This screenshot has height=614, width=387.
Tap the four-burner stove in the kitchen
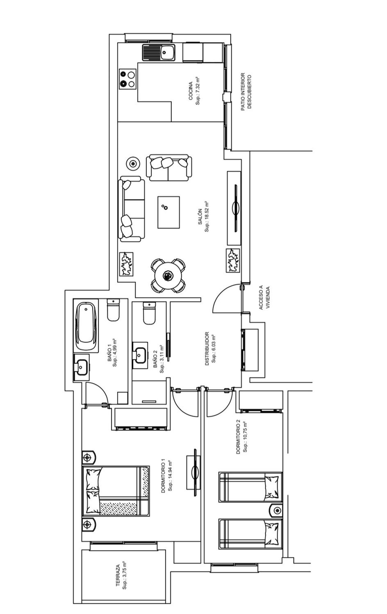(127, 79)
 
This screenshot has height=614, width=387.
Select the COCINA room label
(190, 91)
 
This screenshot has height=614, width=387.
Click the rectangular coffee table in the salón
(168, 212)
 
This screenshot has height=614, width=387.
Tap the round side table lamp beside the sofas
(133, 163)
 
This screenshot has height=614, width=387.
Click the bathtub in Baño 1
(86, 325)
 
